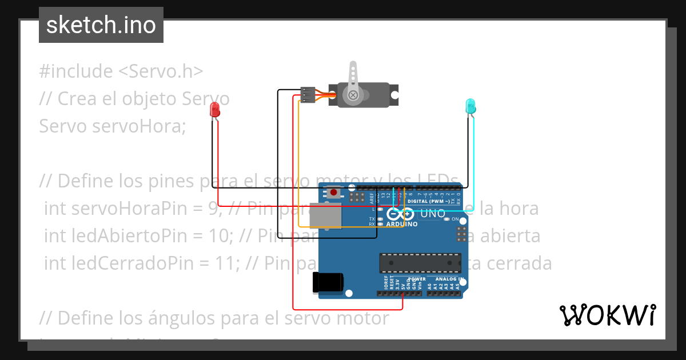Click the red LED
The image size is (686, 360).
click(x=215, y=109)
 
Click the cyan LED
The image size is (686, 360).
click(x=470, y=106)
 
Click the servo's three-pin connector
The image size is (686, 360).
click(x=308, y=95)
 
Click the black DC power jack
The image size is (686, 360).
click(x=328, y=282)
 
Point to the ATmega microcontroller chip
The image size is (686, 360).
click(x=420, y=262)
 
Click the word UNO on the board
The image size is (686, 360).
click(x=433, y=214)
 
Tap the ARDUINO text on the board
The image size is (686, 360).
click(x=402, y=224)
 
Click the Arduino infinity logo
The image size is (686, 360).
click(x=400, y=214)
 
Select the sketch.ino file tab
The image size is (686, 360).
click(x=101, y=25)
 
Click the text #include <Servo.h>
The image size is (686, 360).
click(x=121, y=71)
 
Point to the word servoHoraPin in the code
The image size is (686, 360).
click(x=109, y=209)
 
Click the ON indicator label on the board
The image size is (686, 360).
click(x=456, y=219)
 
